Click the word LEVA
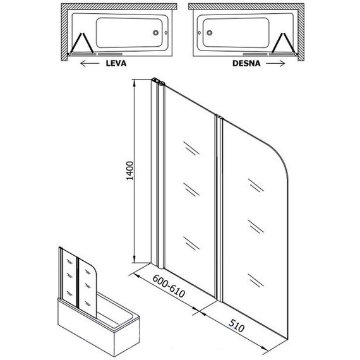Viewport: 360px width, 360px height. [x=116, y=63]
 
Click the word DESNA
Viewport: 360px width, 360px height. [x=246, y=63]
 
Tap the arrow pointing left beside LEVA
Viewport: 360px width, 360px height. [x=90, y=63]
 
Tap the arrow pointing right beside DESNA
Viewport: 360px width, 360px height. [x=275, y=63]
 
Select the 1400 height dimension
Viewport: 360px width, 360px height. [x=130, y=171]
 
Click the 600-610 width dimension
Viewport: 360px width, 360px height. [x=169, y=286]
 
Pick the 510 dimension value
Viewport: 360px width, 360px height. [x=236, y=326]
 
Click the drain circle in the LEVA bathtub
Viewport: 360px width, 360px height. [x=155, y=33]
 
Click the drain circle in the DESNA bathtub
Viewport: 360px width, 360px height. [x=209, y=33]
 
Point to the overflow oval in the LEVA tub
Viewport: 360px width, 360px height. [x=166, y=33]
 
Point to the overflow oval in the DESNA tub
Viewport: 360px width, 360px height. [x=200, y=33]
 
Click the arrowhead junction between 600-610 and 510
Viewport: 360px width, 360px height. [x=199, y=311]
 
